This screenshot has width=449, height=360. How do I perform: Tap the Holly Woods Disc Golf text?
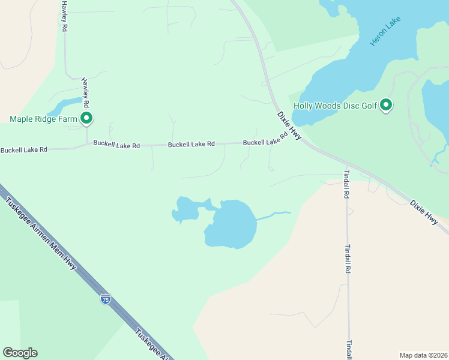[335, 106]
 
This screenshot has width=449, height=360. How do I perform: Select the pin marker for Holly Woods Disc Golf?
[387, 106]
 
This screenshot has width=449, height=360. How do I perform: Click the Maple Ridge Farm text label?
[44, 119]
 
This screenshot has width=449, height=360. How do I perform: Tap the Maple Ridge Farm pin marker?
[86, 119]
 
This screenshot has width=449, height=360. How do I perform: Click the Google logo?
[20, 353]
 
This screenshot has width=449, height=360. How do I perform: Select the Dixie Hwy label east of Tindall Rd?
[424, 213]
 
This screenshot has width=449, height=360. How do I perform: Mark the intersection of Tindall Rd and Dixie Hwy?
[346, 164]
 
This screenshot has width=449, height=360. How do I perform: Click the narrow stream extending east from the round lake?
[273, 214]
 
